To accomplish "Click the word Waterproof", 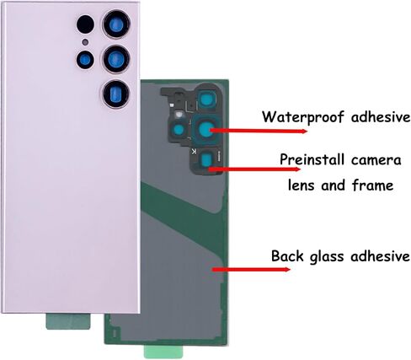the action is (304, 116).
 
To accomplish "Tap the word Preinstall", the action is (312, 159).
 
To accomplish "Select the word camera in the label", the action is (376, 160).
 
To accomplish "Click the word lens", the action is (301, 185).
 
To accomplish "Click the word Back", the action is (287, 256).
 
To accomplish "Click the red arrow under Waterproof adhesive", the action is (259, 131).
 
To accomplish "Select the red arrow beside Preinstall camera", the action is (254, 169).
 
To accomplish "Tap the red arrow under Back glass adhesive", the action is (251, 270).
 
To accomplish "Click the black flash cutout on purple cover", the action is (85, 24).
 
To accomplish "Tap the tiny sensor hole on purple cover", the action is (85, 42).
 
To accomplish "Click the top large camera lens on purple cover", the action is (116, 24).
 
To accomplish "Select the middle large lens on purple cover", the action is (116, 59).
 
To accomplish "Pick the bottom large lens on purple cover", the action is (115, 94).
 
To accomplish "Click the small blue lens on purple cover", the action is (85, 60).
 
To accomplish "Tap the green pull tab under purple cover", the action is (68, 321).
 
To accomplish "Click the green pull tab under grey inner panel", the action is (163, 352).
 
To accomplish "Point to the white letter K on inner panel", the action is (194, 152).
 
